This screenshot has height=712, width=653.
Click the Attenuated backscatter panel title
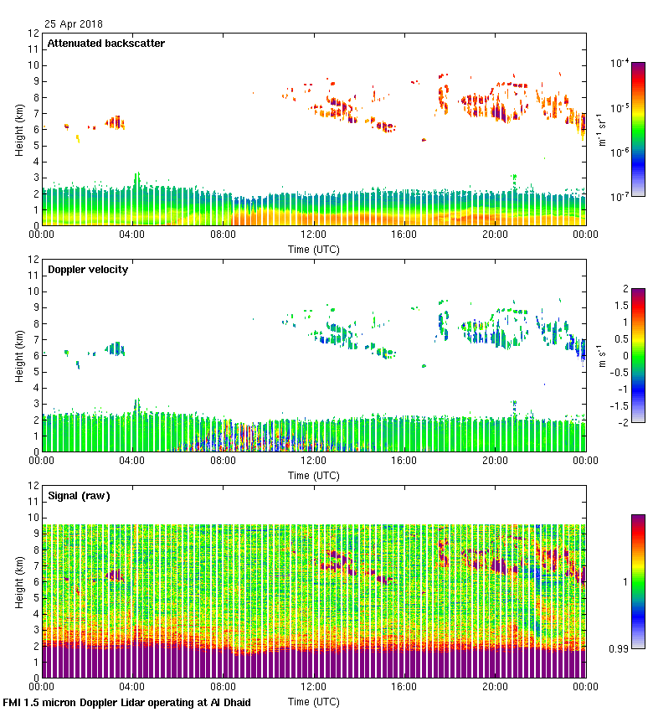tap(105, 44)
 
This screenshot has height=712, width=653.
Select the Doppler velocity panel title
tap(88, 270)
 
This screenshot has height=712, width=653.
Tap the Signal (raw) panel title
tap(79, 496)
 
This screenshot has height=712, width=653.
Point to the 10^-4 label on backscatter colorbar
tap(620, 63)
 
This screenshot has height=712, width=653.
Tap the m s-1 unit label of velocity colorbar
tap(602, 355)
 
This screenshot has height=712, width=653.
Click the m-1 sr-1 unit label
tap(602, 130)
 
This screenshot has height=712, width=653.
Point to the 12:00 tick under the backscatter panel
tap(313, 235)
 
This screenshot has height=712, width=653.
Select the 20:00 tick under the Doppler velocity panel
tap(495, 462)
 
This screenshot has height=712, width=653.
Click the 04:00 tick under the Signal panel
tap(131, 687)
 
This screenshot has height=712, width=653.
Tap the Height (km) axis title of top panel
tap(19, 129)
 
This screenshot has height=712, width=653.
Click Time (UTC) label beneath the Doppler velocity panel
tap(314, 475)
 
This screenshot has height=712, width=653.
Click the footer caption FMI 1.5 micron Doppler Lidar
tap(126, 702)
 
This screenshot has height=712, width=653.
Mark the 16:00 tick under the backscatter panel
tap(404, 235)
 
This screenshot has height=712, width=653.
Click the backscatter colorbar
tap(638, 129)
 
